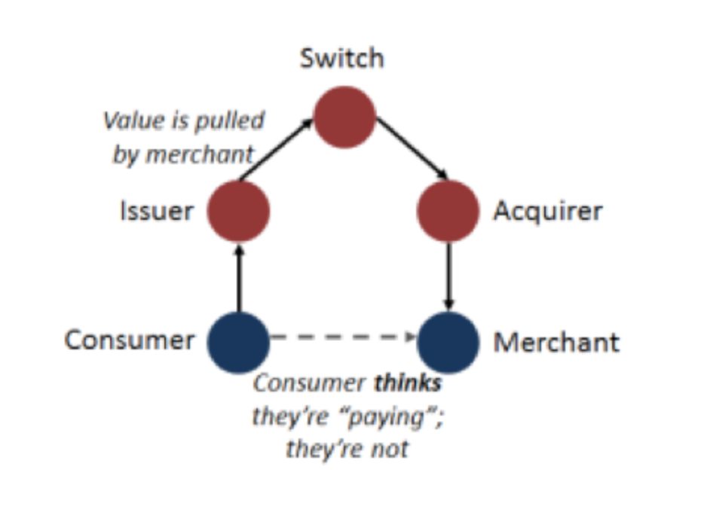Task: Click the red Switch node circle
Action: [344, 117]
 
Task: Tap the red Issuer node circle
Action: [238, 211]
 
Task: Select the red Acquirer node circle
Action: [448, 211]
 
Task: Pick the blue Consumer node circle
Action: [238, 342]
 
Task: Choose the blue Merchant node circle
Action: [448, 342]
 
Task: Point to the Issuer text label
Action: [156, 212]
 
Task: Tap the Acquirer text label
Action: [547, 212]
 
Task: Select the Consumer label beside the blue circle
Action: [129, 340]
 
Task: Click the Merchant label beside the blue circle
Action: [556, 343]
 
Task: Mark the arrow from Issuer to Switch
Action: [275, 149]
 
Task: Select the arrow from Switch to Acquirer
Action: [412, 148]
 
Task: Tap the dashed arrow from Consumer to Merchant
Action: [343, 337]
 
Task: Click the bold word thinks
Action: [408, 383]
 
